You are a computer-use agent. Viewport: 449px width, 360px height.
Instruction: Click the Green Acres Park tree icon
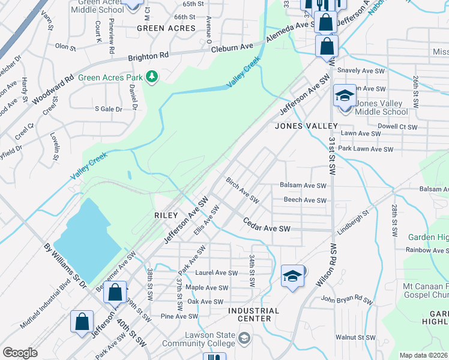[152, 77]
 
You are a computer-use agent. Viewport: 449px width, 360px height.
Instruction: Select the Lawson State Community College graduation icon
[243, 339]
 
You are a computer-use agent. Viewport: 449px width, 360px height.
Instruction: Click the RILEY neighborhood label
[166, 215]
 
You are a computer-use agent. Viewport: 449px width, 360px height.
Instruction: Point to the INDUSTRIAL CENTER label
[254, 314]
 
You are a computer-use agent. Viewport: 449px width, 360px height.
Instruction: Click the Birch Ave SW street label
[242, 190]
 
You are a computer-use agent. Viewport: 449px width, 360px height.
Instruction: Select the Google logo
[20, 352]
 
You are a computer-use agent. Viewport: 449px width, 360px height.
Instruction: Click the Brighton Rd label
[148, 56]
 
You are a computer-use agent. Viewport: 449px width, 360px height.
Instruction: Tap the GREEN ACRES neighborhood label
[166, 28]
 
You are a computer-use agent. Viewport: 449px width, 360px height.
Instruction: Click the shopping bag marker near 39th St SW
[115, 292]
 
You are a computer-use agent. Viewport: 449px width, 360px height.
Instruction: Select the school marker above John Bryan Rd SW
[292, 276]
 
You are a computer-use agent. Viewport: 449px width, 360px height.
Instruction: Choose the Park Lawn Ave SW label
[365, 149]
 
